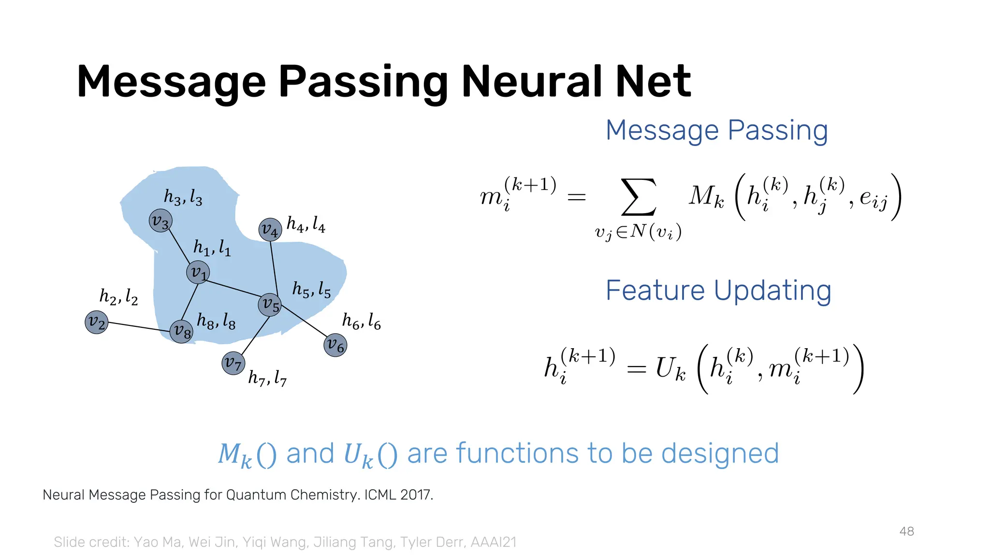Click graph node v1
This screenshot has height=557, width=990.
pyautogui.click(x=198, y=272)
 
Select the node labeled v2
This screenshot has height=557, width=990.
pyautogui.click(x=96, y=322)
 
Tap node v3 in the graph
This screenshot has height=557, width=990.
pyautogui.click(x=160, y=221)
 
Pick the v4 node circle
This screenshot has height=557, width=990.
pyautogui.click(x=270, y=230)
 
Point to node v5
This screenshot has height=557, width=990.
pyautogui.click(x=270, y=305)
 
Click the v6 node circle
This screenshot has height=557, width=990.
pyautogui.click(x=335, y=345)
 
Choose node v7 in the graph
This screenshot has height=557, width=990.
pyautogui.click(x=233, y=363)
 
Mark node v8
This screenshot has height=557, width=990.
pyautogui.click(x=181, y=332)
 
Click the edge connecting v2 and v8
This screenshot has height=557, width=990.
pyautogui.click(x=139, y=327)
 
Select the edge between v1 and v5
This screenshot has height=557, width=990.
pyautogui.click(x=234, y=289)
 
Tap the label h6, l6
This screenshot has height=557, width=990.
pyautogui.click(x=361, y=321)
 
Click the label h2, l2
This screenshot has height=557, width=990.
pyautogui.click(x=118, y=296)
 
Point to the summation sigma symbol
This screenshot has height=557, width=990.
pyautogui.click(x=639, y=197)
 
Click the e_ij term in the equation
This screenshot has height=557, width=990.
pyautogui.click(x=874, y=199)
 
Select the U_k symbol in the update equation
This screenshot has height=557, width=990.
pyautogui.click(x=670, y=368)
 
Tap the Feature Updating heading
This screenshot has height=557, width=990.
pyautogui.click(x=718, y=291)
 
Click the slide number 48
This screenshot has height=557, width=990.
pyautogui.click(x=906, y=531)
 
